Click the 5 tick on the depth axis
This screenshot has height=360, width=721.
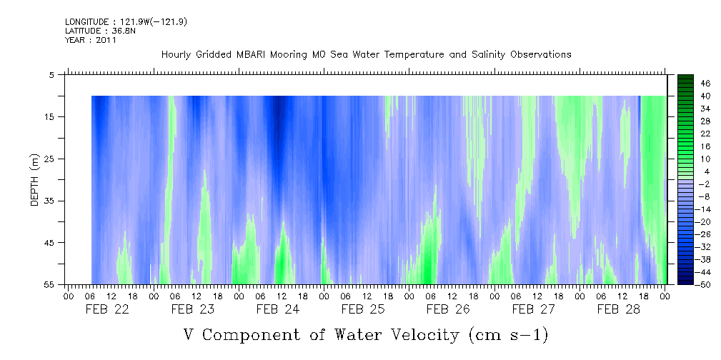point(52,74)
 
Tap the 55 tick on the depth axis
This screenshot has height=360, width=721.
point(50,284)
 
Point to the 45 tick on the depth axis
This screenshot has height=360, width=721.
point(50,243)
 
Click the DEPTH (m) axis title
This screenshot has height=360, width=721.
point(34,179)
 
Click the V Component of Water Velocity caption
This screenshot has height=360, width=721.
point(366,334)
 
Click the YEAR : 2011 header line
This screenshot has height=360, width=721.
point(91,40)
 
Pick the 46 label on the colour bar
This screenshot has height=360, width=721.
point(705,83)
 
